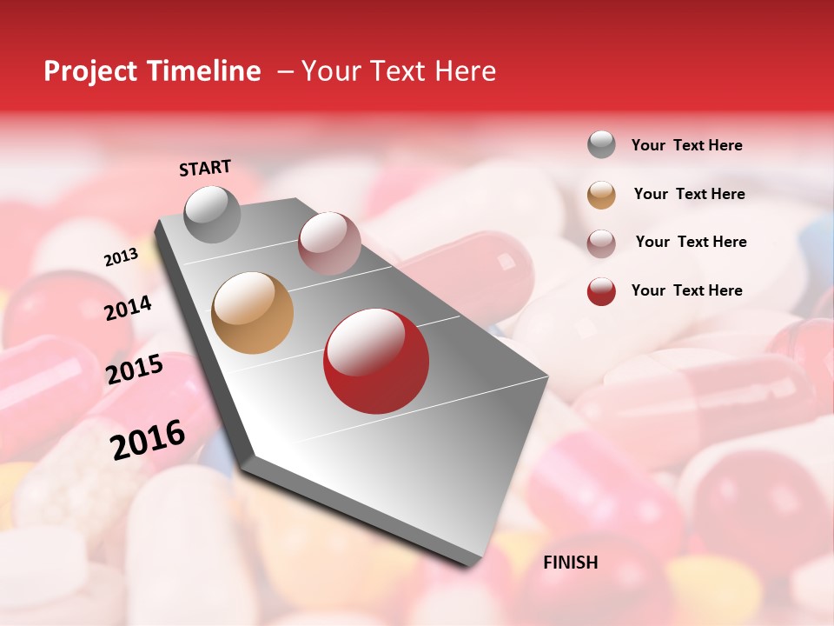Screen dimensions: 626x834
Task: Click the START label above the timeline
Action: click(205, 168)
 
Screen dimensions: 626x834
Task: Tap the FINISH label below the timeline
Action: click(571, 563)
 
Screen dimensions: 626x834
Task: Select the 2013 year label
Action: click(121, 256)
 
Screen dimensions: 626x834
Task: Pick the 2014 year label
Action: click(128, 308)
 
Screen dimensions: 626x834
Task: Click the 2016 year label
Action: click(148, 439)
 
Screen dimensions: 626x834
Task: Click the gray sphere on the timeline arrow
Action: click(213, 214)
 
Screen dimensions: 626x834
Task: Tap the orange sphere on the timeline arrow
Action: click(253, 313)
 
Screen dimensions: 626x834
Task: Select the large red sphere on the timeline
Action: click(376, 361)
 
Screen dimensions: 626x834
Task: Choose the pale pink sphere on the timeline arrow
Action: click(329, 243)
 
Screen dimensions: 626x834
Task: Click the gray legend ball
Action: click(601, 144)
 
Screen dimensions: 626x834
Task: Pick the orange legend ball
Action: click(601, 195)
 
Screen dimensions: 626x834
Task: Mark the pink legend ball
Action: click(601, 243)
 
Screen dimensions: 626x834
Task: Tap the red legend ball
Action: click(601, 291)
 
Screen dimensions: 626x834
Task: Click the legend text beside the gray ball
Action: click(687, 146)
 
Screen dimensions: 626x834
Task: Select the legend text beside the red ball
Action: click(687, 290)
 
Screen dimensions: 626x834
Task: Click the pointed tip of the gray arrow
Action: click(473, 561)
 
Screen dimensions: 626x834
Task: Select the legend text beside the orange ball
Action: click(690, 194)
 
